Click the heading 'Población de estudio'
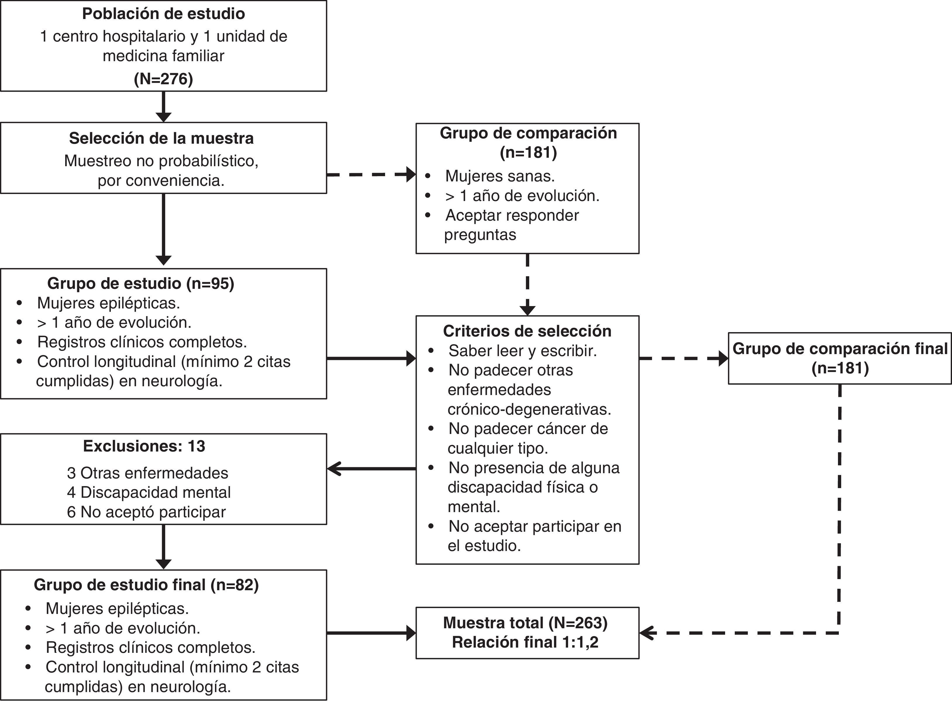tap(163, 13)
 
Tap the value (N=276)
tap(163, 79)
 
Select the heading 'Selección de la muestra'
tap(161, 138)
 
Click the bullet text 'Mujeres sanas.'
tap(500, 176)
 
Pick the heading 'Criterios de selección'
tap(527, 331)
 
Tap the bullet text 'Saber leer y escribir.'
tap(522, 351)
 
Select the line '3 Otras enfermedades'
tap(147, 473)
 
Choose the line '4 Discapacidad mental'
tap(149, 492)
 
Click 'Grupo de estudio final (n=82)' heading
tap(146, 585)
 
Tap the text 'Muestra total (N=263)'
tap(525, 622)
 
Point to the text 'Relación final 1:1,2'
tap(525, 642)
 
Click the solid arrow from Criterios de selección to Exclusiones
tap(372, 469)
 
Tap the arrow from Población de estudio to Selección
tap(163, 107)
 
